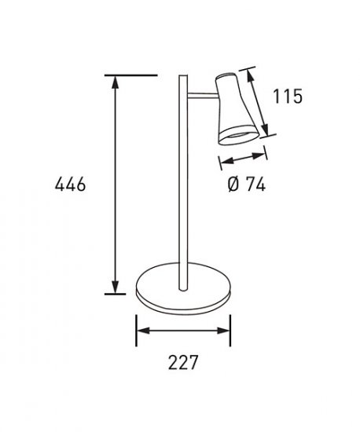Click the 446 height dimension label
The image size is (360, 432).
coord(70,185)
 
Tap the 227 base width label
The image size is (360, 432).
coord(183,362)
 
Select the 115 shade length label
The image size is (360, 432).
coord(288,96)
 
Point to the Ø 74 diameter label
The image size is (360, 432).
coord(247,184)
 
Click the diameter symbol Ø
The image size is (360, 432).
coord(233,184)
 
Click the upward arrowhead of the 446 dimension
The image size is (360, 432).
coord(116,82)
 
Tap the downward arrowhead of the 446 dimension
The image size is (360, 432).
coord(116,287)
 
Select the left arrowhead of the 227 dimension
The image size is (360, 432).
coord(143,331)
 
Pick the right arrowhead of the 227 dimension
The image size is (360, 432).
coord(223,331)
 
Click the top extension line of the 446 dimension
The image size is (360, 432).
coord(131,75)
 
